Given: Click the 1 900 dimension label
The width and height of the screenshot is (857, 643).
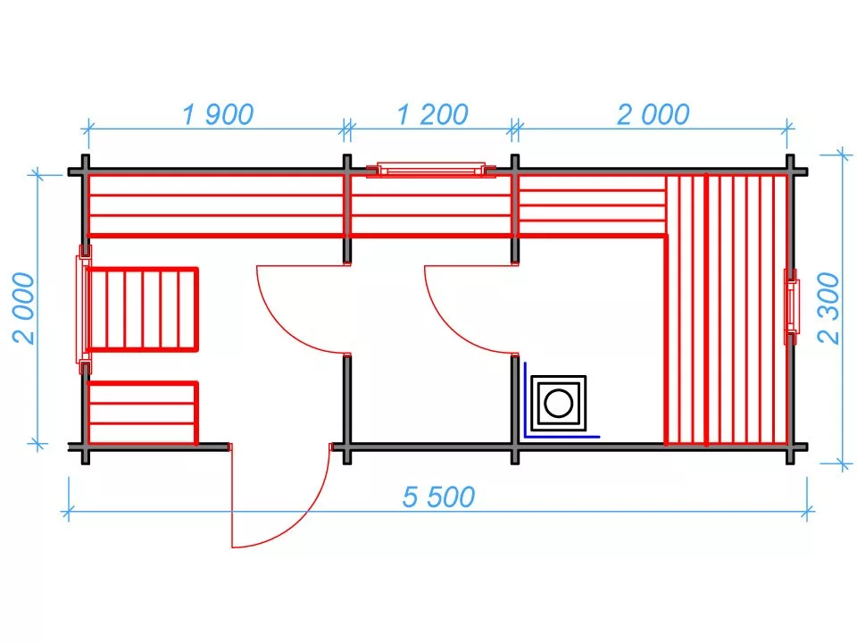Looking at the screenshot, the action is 218,114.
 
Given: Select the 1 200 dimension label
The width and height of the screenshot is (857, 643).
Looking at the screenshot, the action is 432,114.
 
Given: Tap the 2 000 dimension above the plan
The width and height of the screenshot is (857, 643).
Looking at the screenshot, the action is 653,114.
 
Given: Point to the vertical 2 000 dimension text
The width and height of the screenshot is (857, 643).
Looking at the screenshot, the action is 23,308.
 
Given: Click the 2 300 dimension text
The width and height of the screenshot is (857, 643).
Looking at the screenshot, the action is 828,308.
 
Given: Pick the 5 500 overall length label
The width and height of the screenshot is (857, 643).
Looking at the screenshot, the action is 438,497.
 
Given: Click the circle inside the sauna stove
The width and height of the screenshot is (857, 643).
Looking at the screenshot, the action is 558,404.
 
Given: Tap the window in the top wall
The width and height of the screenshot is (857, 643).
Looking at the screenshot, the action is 431,170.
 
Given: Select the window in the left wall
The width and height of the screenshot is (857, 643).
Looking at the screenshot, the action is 84,310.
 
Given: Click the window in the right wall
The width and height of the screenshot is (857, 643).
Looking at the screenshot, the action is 792,306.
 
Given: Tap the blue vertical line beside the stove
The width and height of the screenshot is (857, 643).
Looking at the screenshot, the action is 525,400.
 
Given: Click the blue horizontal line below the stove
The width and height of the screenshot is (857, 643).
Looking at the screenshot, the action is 562,437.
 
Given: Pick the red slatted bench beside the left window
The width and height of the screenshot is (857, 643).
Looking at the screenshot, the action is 142,309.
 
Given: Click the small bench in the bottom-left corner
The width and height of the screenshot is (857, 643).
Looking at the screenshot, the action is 142,413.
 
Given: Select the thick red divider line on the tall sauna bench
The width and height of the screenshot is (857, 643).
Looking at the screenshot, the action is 706,310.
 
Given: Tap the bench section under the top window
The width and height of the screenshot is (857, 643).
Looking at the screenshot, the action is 431,205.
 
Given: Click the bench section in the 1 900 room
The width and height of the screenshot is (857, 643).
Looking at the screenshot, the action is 216,205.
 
